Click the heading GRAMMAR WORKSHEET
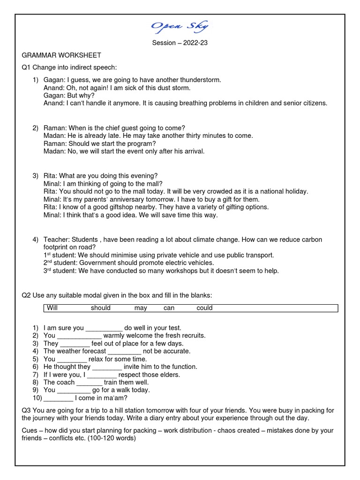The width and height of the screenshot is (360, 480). point(61,55)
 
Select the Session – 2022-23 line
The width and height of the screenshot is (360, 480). point(180,43)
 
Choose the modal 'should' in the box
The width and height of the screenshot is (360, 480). point(101,308)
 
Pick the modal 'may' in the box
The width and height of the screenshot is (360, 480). point(141,308)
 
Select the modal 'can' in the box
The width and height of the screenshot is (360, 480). point(169,308)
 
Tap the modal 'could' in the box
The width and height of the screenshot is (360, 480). point(204,308)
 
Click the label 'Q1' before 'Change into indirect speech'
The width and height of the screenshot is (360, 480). point(26,67)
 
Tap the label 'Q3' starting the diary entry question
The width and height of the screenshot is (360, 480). point(26,411)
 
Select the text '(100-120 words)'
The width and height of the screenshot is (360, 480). point(113,438)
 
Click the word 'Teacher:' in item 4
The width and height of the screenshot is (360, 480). point(57,240)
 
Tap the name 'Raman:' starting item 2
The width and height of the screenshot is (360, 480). point(55,128)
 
